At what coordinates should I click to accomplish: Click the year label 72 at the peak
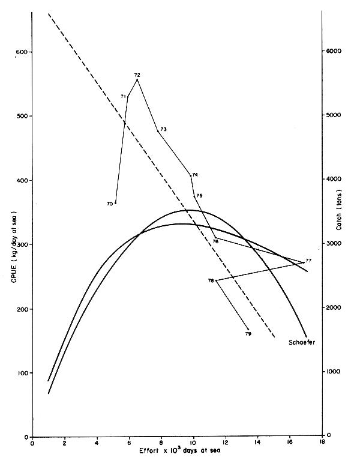coord(137,75)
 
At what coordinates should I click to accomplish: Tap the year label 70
coord(110,204)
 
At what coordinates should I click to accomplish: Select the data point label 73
coord(163,129)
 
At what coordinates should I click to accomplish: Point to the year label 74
coord(195,175)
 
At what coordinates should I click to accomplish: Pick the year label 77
coord(308,261)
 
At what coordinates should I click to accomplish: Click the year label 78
coord(211,280)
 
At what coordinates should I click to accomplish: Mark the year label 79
coord(248,333)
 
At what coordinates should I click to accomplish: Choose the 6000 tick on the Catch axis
coord(334,51)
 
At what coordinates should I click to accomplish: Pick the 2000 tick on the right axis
coord(334,307)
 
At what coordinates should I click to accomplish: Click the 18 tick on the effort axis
coord(322,444)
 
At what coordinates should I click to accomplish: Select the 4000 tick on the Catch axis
coord(334,180)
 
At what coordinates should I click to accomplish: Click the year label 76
coord(215,241)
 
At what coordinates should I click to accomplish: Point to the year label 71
coord(123,96)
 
